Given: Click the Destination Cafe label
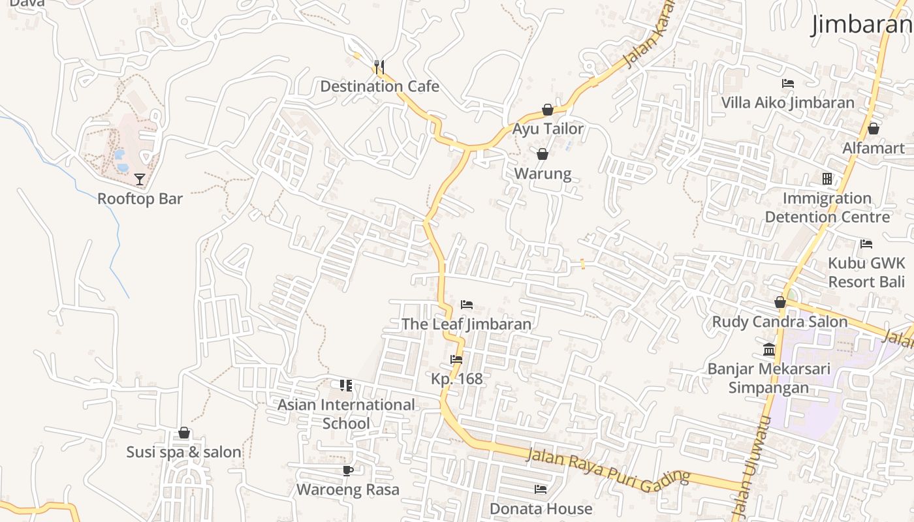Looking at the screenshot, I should pyautogui.click(x=379, y=86).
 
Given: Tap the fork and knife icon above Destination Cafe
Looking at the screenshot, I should pyautogui.click(x=379, y=66).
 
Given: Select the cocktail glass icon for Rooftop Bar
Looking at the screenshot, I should pyautogui.click(x=140, y=179).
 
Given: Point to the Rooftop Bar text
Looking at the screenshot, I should pyautogui.click(x=140, y=199).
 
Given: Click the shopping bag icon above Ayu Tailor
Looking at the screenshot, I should pyautogui.click(x=548, y=110).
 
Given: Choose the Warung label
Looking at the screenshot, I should pyautogui.click(x=543, y=174).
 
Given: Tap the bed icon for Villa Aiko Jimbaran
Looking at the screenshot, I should pyautogui.click(x=788, y=84).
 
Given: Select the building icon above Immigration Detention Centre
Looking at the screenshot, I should pyautogui.click(x=827, y=179).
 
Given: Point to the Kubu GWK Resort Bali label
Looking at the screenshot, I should pyautogui.click(x=866, y=272).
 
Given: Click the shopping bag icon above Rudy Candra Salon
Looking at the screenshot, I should pyautogui.click(x=780, y=302).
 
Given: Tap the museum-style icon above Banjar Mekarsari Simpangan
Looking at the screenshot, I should pyautogui.click(x=769, y=350).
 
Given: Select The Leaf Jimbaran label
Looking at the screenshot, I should pyautogui.click(x=466, y=324).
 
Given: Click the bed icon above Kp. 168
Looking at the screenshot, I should pyautogui.click(x=456, y=359).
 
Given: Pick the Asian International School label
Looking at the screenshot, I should pyautogui.click(x=346, y=414).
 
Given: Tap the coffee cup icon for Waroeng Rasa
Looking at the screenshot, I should pyautogui.click(x=347, y=470).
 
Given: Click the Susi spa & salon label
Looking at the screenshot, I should pyautogui.click(x=183, y=452).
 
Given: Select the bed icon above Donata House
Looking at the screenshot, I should pyautogui.click(x=541, y=489).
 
